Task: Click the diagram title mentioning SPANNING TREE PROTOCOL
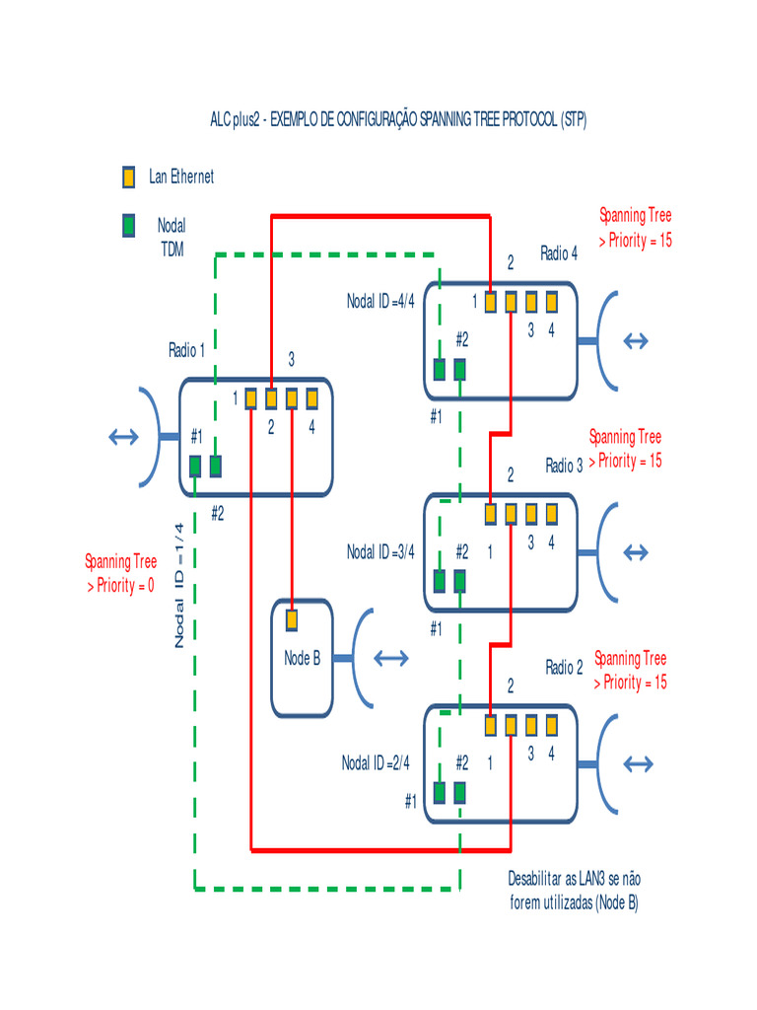[398, 120]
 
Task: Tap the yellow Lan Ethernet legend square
[128, 178]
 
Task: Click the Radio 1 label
[187, 350]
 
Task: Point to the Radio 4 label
[559, 253]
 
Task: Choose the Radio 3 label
[564, 466]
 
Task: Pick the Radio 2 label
[564, 668]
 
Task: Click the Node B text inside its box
[302, 659]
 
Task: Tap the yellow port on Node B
[292, 620]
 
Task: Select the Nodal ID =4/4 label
[380, 301]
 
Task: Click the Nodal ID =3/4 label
[380, 552]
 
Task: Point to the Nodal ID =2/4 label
[376, 762]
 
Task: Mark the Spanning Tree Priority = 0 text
[120, 574]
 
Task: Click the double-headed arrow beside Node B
[391, 658]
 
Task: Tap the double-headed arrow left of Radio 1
[124, 437]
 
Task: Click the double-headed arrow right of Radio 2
[639, 763]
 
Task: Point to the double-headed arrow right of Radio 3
[639, 550]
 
